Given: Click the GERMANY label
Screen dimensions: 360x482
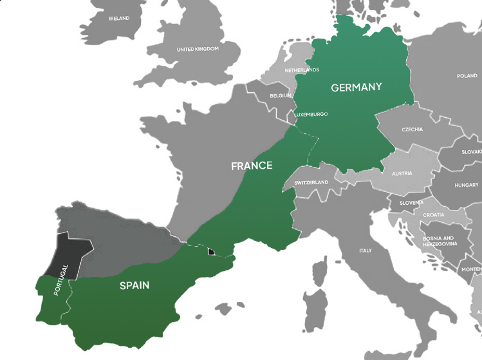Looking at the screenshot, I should pyautogui.click(x=356, y=87).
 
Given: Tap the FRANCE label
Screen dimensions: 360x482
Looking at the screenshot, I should pyautogui.click(x=252, y=166).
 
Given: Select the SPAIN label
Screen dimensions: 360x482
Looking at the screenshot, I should pyautogui.click(x=134, y=285).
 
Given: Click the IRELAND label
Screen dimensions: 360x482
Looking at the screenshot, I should pyautogui.click(x=119, y=19).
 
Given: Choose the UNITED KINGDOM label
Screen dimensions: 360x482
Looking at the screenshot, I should pyautogui.click(x=198, y=49).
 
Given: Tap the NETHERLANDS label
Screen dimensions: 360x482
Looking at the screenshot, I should pyautogui.click(x=302, y=70).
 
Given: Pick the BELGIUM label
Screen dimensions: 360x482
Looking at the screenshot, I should pyautogui.click(x=281, y=95).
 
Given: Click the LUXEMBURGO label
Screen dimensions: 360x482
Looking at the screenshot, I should pyautogui.click(x=311, y=115).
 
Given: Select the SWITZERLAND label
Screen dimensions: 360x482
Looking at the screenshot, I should pyautogui.click(x=311, y=182).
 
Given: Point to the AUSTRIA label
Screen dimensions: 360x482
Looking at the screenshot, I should pyautogui.click(x=402, y=174).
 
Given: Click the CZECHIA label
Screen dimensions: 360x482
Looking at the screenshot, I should pyautogui.click(x=412, y=129).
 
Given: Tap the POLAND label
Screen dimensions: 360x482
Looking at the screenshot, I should pyautogui.click(x=467, y=76).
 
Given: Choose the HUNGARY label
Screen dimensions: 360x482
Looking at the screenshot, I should pyautogui.click(x=467, y=185).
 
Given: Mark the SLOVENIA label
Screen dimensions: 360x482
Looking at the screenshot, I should pyautogui.click(x=411, y=203).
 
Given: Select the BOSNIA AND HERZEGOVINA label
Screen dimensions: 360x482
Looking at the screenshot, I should pyautogui.click(x=440, y=241).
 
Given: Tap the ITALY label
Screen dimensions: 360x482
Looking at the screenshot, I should pyautogui.click(x=365, y=251).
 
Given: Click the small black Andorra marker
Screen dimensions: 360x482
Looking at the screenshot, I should pyautogui.click(x=210, y=252).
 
